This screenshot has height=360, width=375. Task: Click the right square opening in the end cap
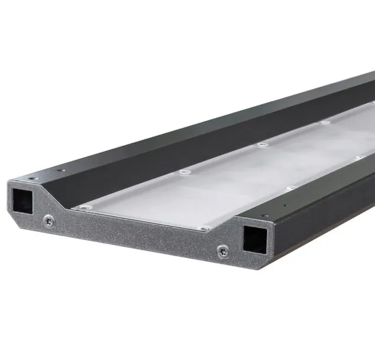(x=254, y=238)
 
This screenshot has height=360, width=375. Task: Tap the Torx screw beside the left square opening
(x=49, y=221)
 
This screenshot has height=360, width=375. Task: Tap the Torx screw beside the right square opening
(x=223, y=250)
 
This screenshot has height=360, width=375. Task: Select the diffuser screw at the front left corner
(x=86, y=207)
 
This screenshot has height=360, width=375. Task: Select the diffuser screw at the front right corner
(x=204, y=228)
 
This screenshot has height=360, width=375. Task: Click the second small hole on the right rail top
(x=286, y=206)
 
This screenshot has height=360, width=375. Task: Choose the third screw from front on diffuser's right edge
(x=357, y=158)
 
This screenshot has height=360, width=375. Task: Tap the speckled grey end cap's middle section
(x=136, y=233)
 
